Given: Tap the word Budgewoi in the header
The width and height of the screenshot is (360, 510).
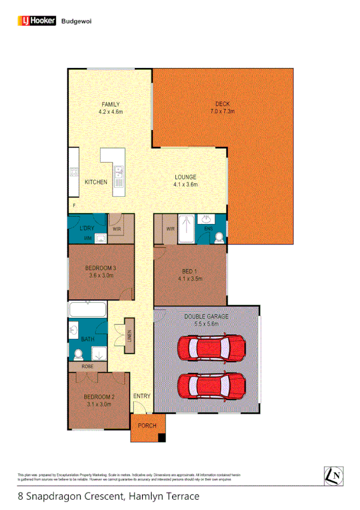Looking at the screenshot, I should [x=76, y=20].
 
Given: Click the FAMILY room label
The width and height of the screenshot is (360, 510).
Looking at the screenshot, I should [x=110, y=105].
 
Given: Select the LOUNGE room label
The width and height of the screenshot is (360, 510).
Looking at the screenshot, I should [x=185, y=177].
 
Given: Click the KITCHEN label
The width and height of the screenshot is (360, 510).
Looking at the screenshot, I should [x=96, y=182].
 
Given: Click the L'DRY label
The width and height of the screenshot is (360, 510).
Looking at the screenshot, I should [x=87, y=229].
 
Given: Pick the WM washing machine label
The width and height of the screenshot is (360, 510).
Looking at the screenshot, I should [x=87, y=238].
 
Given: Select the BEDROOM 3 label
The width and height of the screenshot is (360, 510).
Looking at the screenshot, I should [x=101, y=268].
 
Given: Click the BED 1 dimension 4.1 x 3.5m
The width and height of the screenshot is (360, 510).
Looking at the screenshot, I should [x=190, y=279].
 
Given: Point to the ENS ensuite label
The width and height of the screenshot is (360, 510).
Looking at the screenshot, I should [x=208, y=229].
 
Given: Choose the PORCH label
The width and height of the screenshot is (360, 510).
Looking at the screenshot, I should [x=146, y=426].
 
